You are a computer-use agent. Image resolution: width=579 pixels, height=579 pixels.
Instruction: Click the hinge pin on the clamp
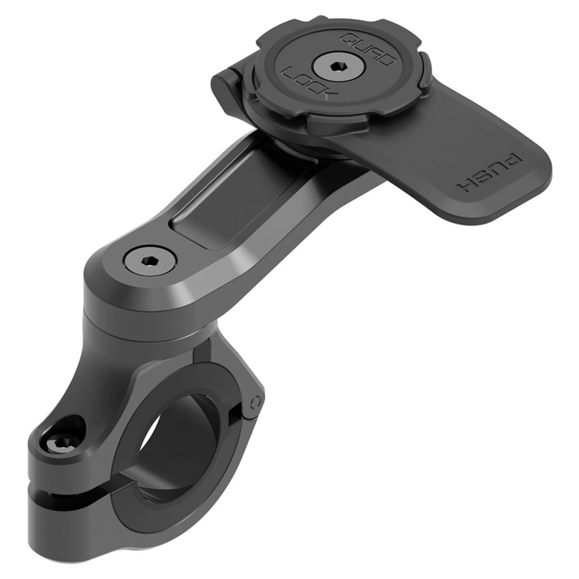click(x=254, y=401)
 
